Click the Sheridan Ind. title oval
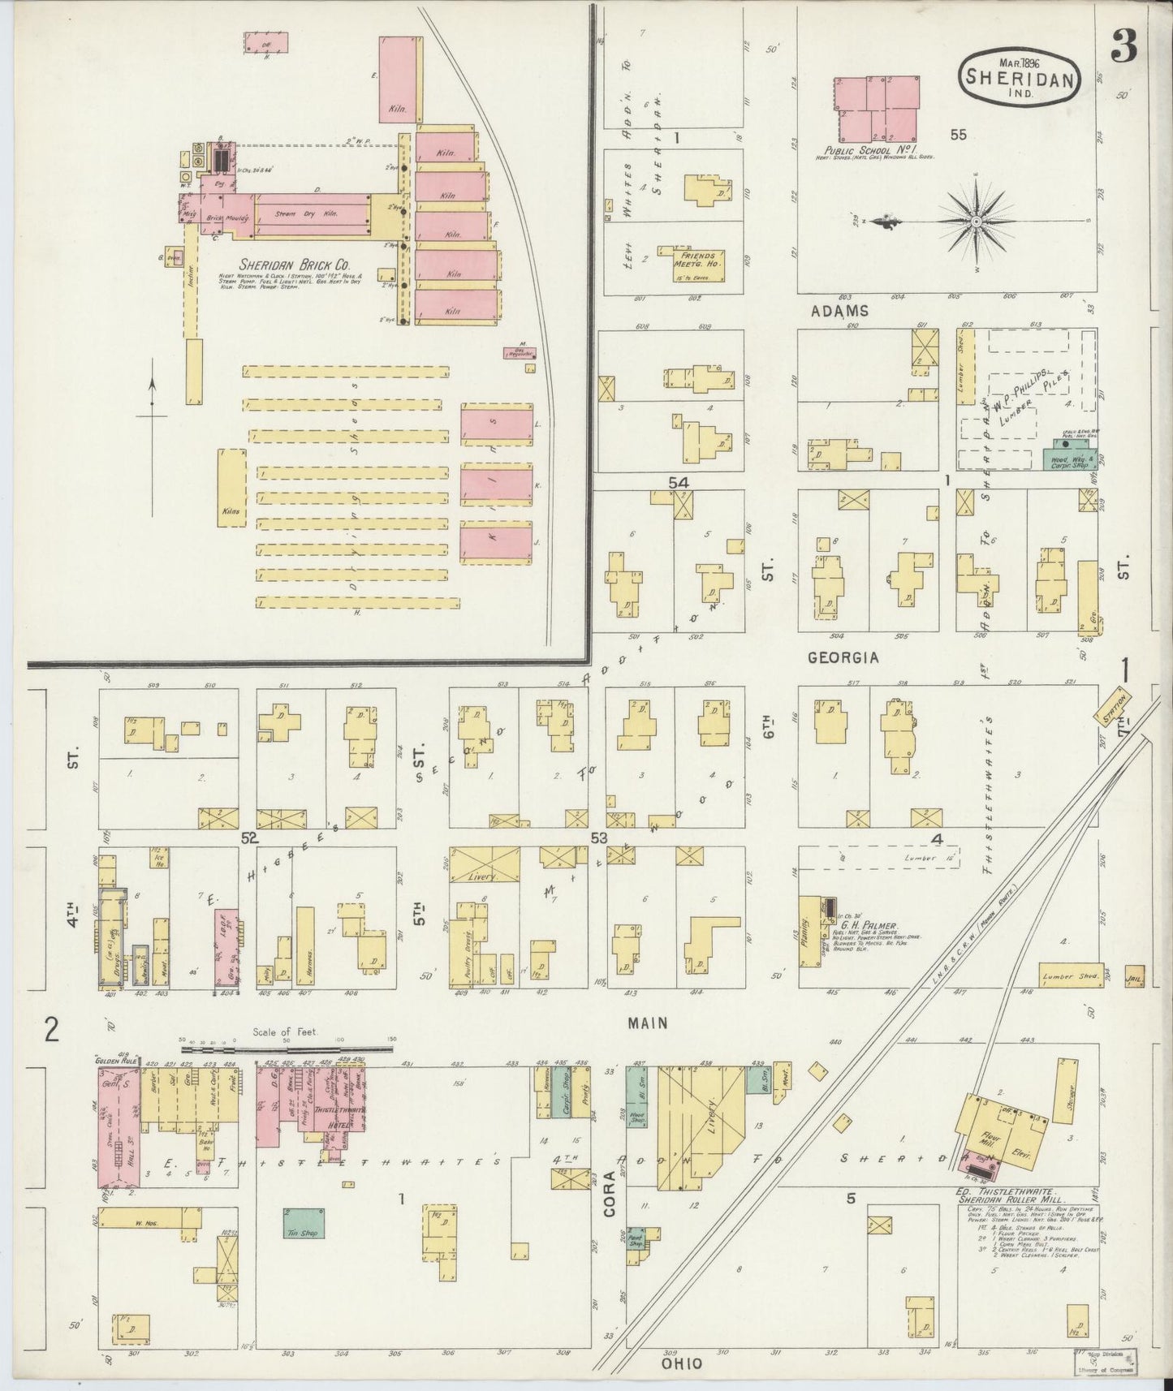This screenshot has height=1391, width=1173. point(1021,77)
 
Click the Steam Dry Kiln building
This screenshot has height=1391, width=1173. point(308,213)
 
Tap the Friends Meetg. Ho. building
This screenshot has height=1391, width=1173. point(696,262)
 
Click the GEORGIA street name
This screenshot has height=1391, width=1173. point(843,658)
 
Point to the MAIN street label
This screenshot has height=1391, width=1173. point(648,1024)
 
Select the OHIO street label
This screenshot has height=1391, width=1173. point(681,1365)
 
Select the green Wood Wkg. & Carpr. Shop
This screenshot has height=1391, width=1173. point(1066,454)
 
